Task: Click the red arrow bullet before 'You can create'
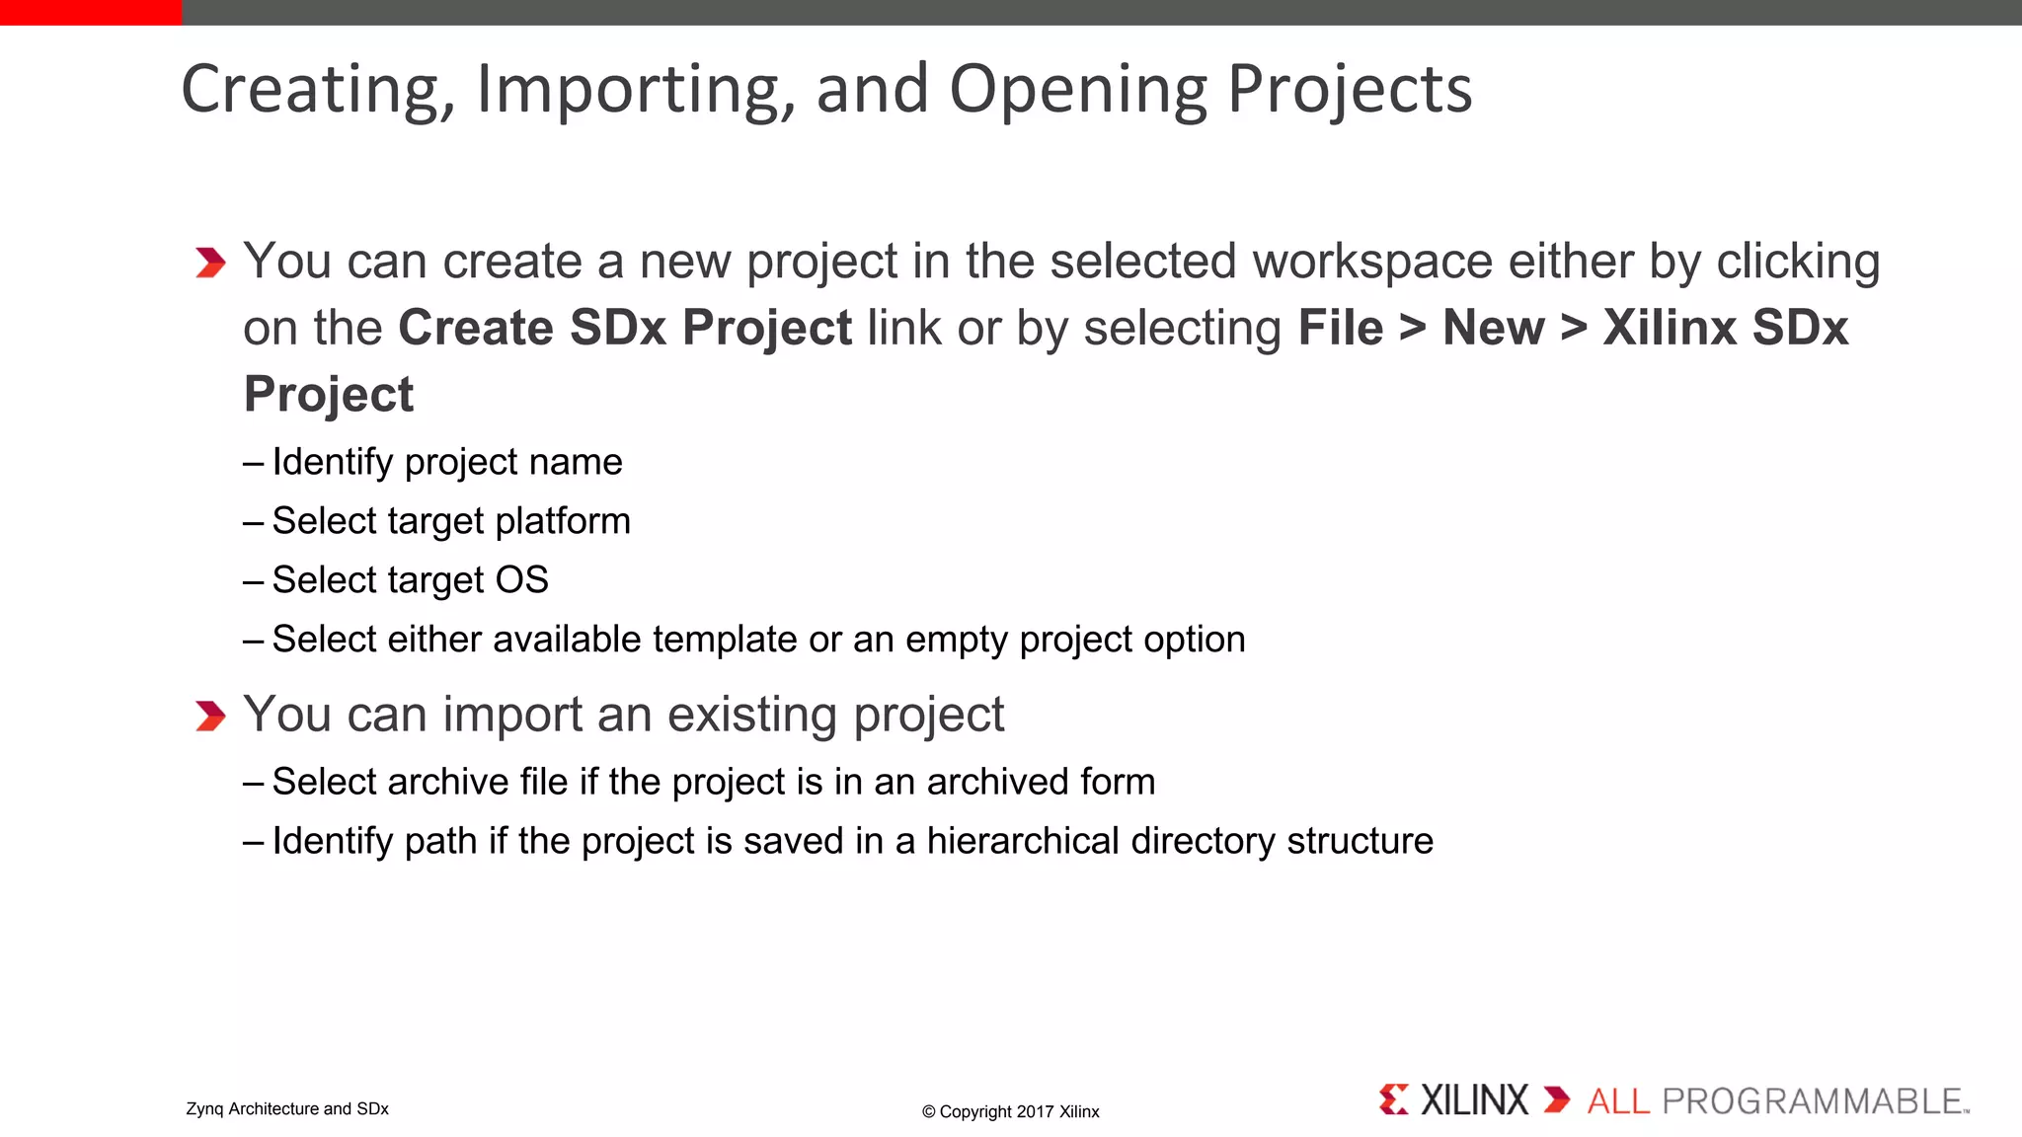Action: tap(210, 263)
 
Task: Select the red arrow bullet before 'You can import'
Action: tap(210, 716)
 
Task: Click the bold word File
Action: tap(1340, 328)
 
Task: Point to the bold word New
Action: tap(1493, 328)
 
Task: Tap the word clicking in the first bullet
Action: tap(1798, 263)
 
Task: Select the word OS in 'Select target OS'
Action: tap(521, 580)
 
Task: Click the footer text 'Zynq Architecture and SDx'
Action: tap(287, 1109)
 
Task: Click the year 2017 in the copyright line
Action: tap(1035, 1112)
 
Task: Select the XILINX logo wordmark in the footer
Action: tap(1473, 1100)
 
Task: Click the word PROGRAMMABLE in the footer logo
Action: tap(1813, 1101)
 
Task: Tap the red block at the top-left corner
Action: tap(91, 12)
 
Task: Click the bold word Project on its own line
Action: tap(329, 395)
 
